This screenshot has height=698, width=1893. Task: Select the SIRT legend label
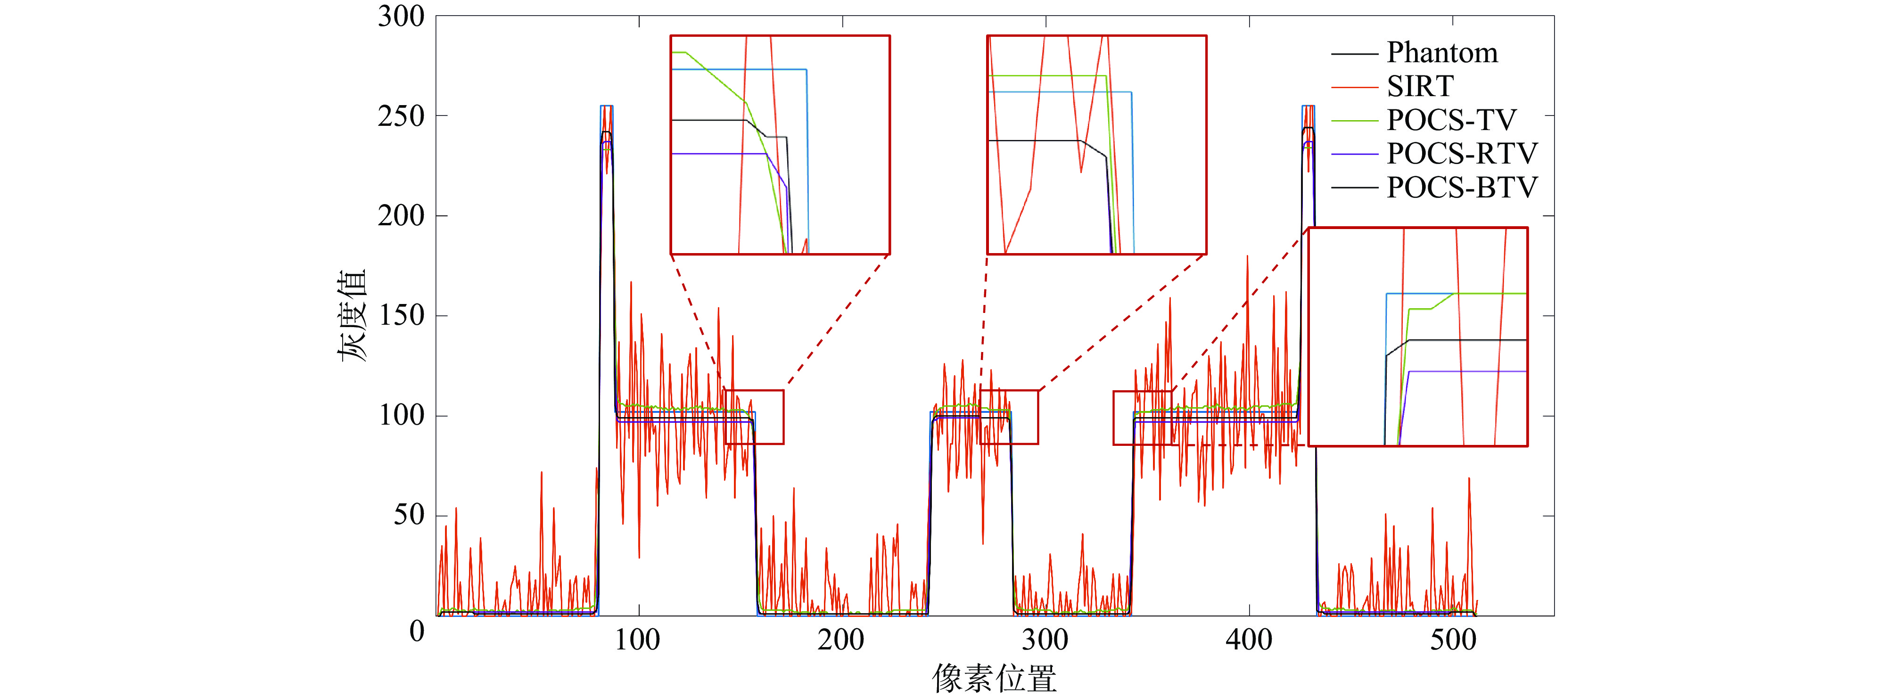coord(1420,87)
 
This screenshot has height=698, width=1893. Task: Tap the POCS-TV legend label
coord(1450,120)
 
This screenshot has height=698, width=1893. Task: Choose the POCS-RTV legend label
coord(1462,154)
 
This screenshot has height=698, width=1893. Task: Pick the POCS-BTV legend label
coord(1462,188)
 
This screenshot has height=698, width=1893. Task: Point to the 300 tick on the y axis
coord(401,16)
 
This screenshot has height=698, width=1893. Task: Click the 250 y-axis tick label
coord(401,116)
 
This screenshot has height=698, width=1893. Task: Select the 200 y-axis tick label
coord(401,216)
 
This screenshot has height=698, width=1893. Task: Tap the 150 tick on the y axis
coord(401,316)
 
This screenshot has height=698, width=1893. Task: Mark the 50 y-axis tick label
coord(409,515)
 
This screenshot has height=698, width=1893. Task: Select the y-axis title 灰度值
coord(352,316)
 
